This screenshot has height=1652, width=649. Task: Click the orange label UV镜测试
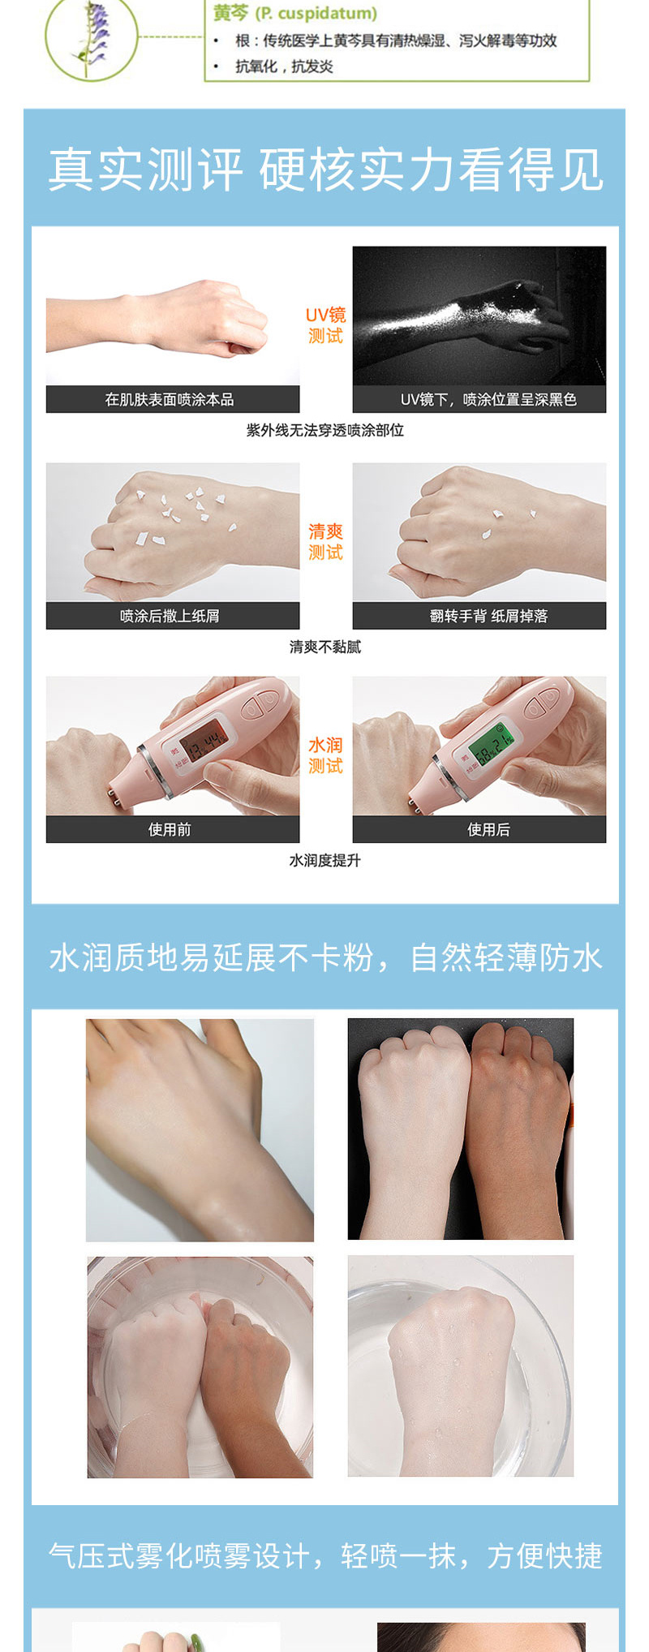tap(325, 325)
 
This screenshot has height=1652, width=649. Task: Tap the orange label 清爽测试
tap(325, 542)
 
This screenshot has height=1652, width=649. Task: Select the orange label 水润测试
tap(325, 755)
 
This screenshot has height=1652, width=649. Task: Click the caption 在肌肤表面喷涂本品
tap(169, 399)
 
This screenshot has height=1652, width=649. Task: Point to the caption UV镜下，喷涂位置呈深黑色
tap(488, 399)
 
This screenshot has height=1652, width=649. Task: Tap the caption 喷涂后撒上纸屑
tap(170, 616)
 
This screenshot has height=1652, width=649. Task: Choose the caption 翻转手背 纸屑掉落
tap(488, 616)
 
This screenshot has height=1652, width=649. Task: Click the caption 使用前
tap(170, 829)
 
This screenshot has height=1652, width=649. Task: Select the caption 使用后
tap(488, 829)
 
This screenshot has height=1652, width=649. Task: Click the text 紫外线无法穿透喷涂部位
tap(324, 430)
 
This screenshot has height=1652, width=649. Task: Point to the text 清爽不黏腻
tap(324, 647)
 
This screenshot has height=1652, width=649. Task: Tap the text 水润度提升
tap(324, 860)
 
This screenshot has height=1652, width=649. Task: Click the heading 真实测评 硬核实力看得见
tap(325, 170)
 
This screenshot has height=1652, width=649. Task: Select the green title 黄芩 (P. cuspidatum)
tap(295, 14)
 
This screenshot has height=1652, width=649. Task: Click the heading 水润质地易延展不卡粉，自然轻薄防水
tap(325, 957)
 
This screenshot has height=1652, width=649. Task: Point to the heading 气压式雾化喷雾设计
tap(178, 1555)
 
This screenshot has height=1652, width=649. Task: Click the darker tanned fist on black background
tap(518, 1128)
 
